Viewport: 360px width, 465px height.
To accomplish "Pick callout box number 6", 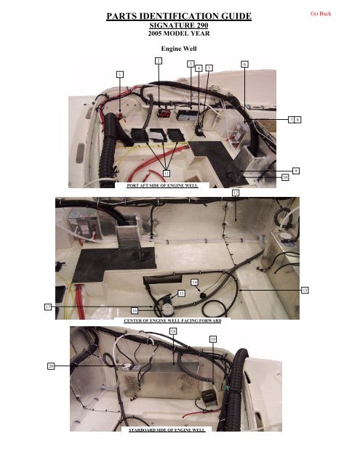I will coord(244,64).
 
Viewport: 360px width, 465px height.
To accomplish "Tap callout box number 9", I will coord(297,169).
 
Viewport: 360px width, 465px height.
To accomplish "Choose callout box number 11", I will coord(167,173).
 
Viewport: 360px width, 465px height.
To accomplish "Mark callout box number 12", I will coord(236,193).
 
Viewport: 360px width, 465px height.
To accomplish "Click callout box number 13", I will coord(305,291).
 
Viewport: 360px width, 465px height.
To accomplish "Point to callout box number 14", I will coord(194,280).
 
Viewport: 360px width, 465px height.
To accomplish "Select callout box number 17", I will coord(47,308).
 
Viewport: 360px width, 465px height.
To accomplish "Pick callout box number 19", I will coord(212,339).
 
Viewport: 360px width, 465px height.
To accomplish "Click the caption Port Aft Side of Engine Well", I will coord(157,185).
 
